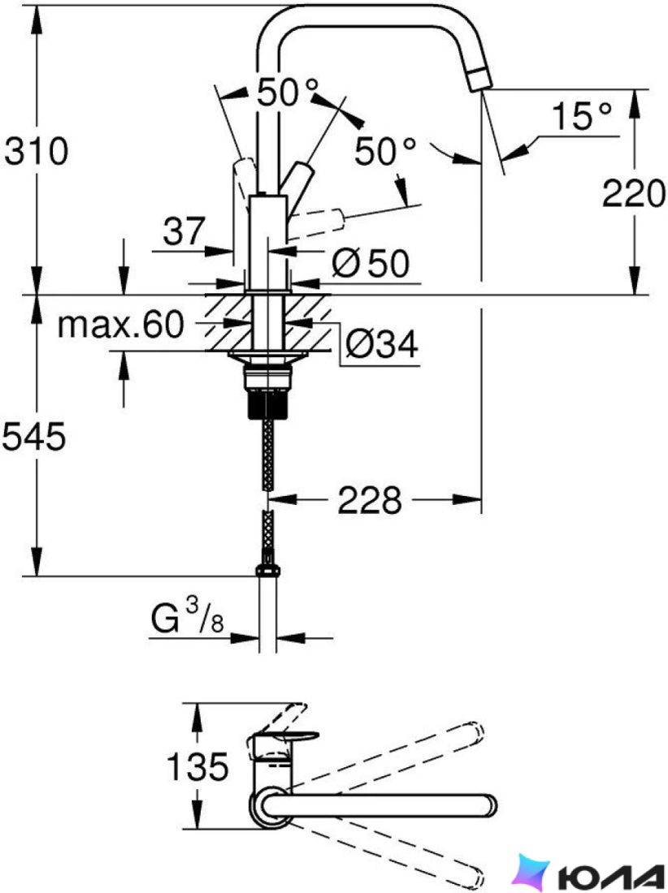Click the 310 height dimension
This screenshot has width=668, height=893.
tap(37, 152)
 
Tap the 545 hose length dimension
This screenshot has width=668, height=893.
tap(34, 437)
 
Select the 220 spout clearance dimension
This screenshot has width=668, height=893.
tap(634, 193)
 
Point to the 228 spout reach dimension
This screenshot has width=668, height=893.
tap(369, 501)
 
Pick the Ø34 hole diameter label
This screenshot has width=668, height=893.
tap(382, 343)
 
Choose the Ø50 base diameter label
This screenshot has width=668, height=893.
tap(371, 263)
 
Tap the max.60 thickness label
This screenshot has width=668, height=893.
tap(121, 325)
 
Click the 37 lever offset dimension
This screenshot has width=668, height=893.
tap(184, 231)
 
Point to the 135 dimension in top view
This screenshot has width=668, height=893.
tap(197, 766)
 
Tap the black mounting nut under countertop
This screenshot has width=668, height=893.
tap(267, 404)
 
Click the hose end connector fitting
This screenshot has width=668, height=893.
tap(267, 571)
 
